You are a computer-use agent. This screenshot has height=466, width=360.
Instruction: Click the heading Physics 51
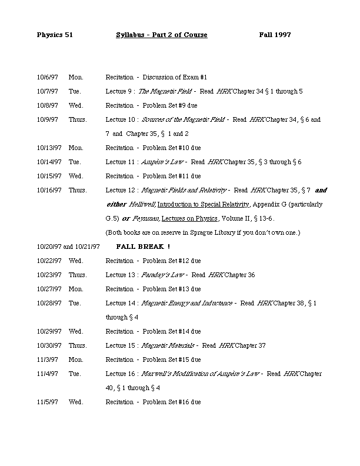pyautogui.click(x=54, y=35)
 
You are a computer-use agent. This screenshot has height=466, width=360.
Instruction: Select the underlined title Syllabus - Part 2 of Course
pyautogui.click(x=162, y=35)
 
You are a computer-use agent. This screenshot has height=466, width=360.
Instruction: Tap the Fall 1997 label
pyautogui.click(x=275, y=35)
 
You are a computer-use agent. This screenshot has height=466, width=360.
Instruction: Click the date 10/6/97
pyautogui.click(x=47, y=77)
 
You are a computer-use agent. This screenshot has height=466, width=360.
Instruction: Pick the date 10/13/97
pyautogui.click(x=48, y=148)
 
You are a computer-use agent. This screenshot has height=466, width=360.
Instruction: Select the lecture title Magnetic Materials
pyautogui.click(x=168, y=345)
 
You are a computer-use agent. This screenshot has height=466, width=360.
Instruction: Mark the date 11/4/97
pyautogui.click(x=47, y=374)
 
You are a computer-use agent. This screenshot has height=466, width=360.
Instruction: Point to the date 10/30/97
pyautogui.click(x=48, y=345)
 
